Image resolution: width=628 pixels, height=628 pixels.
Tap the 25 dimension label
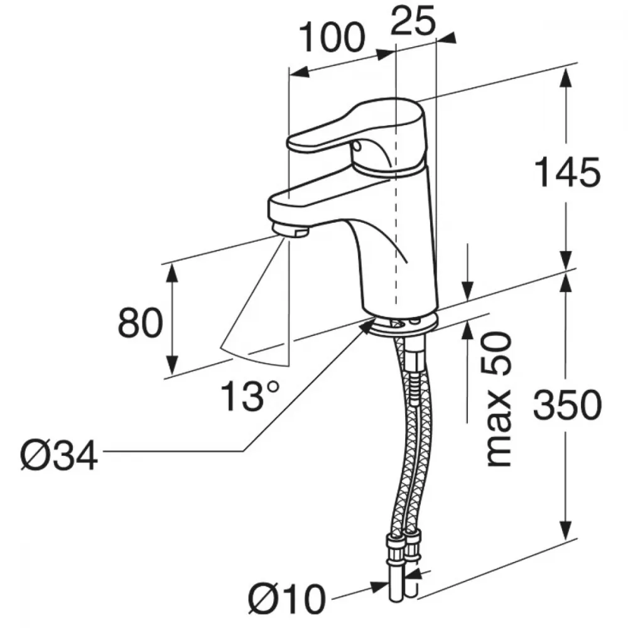pyautogui.click(x=413, y=19)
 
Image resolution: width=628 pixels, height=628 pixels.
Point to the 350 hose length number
pyautogui.click(x=568, y=404)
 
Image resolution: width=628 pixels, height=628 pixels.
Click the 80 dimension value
pyautogui.click(x=141, y=322)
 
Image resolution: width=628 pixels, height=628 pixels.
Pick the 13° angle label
pyautogui.click(x=249, y=396)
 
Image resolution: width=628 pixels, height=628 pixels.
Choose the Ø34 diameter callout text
pyautogui.click(x=59, y=455)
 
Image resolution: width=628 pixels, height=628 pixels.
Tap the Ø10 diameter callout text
pyautogui.click(x=287, y=600)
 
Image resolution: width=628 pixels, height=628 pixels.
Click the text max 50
pyautogui.click(x=499, y=399)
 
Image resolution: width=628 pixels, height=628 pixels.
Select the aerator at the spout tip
pyautogui.click(x=290, y=231)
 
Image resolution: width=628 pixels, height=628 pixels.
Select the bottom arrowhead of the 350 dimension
pyautogui.click(x=566, y=530)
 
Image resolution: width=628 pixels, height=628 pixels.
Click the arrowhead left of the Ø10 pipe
pyautogui.click(x=380, y=588)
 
